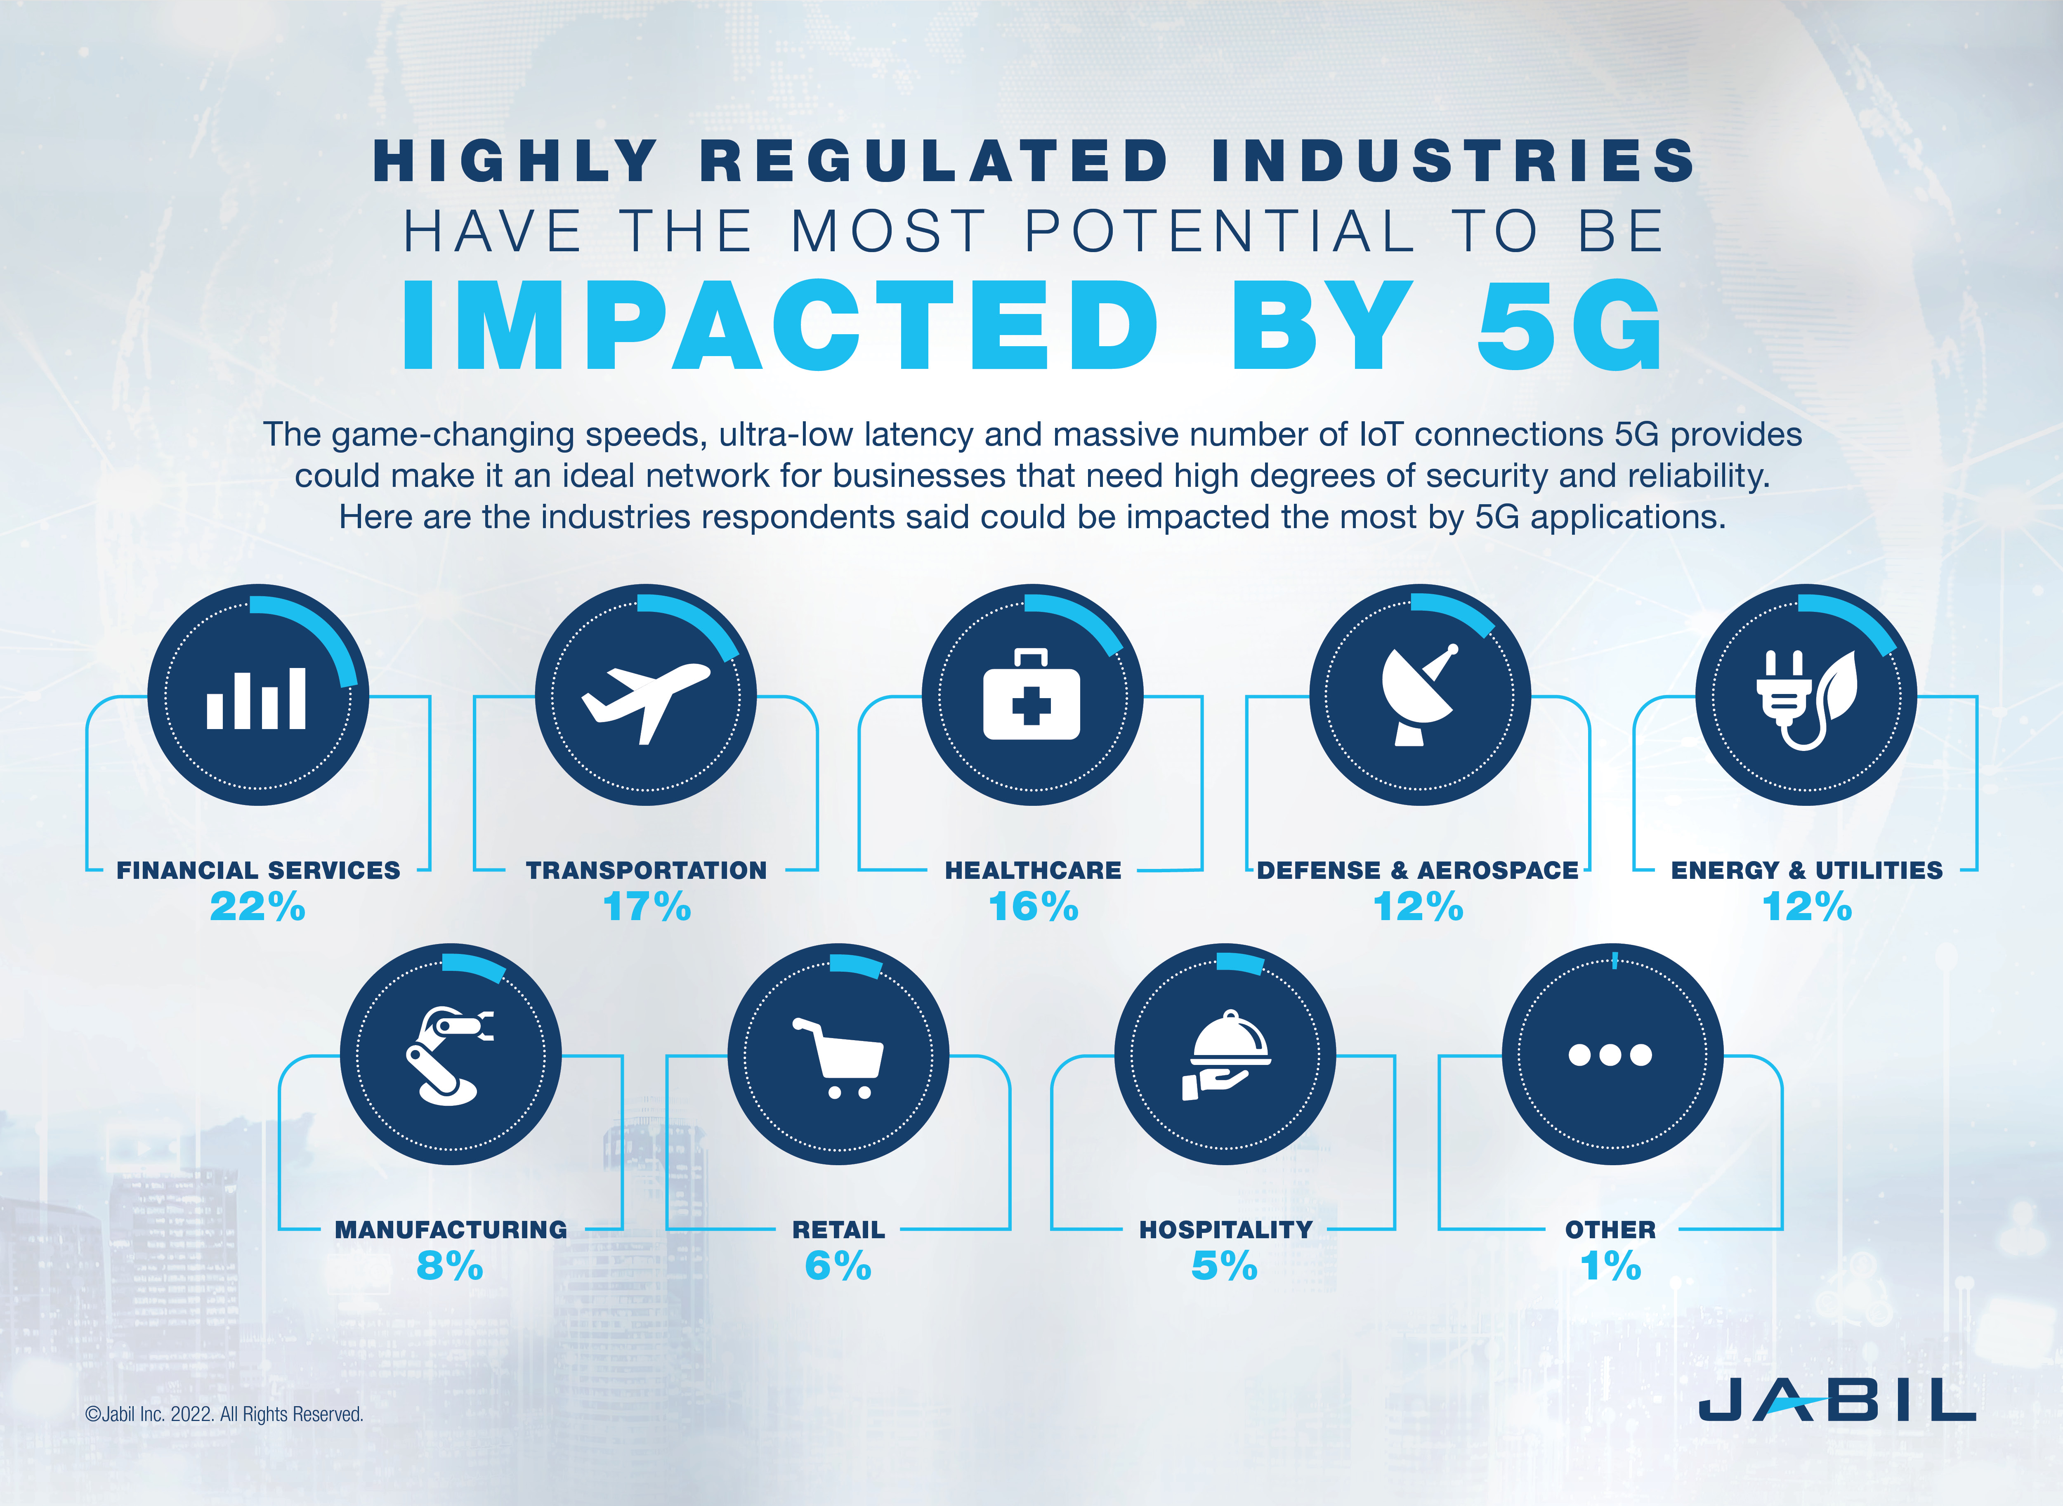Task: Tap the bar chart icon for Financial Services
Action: click(x=257, y=698)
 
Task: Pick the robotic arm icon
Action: click(x=448, y=1056)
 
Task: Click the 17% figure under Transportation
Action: click(x=647, y=907)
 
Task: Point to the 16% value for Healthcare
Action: click(x=1033, y=907)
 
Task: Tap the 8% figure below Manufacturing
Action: click(x=449, y=1266)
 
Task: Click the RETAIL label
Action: click(x=838, y=1230)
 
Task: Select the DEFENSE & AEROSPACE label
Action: click(x=1418, y=871)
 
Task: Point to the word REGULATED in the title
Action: click(x=933, y=161)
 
